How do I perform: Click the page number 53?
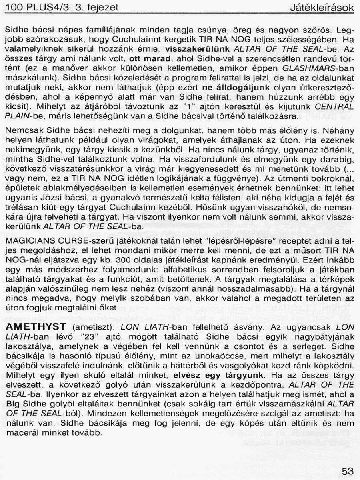point(348,471)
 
